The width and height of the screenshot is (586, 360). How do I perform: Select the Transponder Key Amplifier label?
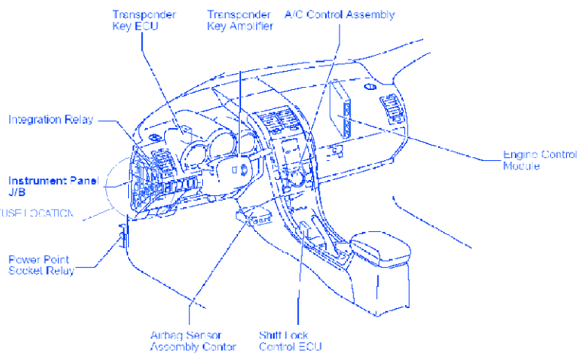pos(240,20)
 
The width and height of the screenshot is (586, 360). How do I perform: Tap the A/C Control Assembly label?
pos(340,14)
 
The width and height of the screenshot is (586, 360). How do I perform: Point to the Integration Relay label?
pos(53,120)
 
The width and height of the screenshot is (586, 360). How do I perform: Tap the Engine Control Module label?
pos(539,160)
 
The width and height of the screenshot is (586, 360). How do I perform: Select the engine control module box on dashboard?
pos(340,111)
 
